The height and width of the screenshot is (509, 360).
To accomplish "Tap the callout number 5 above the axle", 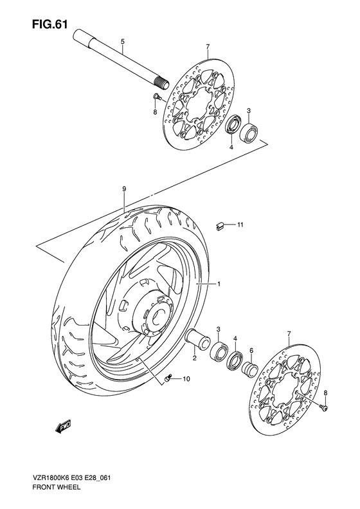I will point(123,42).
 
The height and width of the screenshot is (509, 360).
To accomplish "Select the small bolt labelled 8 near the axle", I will point(156,97).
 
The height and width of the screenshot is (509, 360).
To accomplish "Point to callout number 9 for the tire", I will point(123,189).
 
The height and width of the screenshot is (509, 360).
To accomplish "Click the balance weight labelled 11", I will point(220,225).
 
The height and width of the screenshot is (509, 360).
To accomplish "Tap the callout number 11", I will point(239,225).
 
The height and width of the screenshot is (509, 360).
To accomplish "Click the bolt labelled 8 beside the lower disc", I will point(325,407).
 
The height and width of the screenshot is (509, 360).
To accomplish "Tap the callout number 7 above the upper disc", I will point(208,48).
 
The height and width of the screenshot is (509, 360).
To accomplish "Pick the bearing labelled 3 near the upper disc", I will point(249,133).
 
